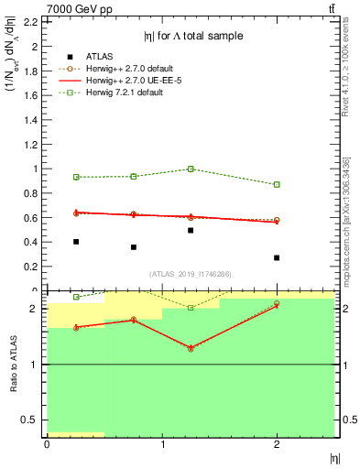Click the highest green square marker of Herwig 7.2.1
tap(191, 169)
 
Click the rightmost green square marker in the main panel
tap(277, 184)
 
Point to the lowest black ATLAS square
tap(277, 257)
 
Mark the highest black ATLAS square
tap(191, 230)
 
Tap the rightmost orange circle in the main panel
tap(277, 220)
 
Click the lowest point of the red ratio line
tap(191, 348)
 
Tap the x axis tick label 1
tap(162, 444)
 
